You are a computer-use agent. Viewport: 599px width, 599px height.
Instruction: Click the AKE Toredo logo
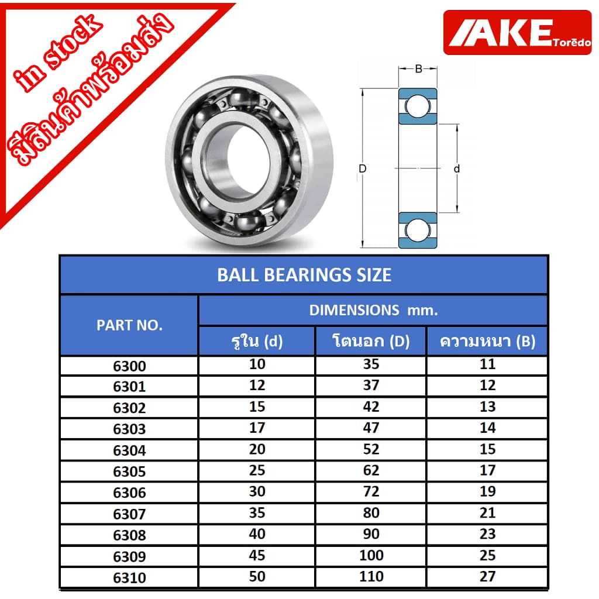click(517, 33)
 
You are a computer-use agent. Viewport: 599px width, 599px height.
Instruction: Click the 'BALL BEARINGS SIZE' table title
click(304, 275)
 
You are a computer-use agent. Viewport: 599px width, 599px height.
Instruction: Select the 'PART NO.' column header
click(129, 325)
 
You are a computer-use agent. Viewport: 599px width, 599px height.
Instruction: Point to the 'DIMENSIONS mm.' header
click(373, 310)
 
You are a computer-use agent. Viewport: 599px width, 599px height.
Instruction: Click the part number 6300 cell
click(129, 366)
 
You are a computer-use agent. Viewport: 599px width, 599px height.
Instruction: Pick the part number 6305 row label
click(129, 472)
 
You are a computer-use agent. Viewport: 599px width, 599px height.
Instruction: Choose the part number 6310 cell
click(129, 577)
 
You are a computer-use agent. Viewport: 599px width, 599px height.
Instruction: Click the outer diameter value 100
click(371, 555)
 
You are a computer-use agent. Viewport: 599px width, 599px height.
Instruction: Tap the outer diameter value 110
click(371, 576)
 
